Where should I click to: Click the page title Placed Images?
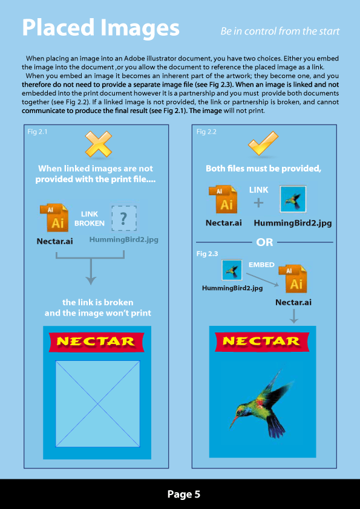pos(100,28)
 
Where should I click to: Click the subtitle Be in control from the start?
pos(280,31)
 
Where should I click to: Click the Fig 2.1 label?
pos(38,131)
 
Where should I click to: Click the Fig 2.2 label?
pos(206,131)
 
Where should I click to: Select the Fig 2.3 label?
pos(206,254)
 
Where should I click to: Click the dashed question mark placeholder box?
pos(123,218)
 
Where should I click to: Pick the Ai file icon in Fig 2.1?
pos(56,218)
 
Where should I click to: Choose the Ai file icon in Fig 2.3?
pos(295,279)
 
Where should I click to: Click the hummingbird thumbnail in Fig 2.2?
pos(293,199)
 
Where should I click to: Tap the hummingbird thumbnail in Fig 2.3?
pos(232,270)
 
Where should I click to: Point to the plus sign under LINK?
pos(258,203)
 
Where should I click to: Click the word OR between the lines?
pos(264,242)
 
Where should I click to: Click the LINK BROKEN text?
pos(90,219)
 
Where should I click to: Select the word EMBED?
pos(261,265)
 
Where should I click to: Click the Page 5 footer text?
pos(183,494)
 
